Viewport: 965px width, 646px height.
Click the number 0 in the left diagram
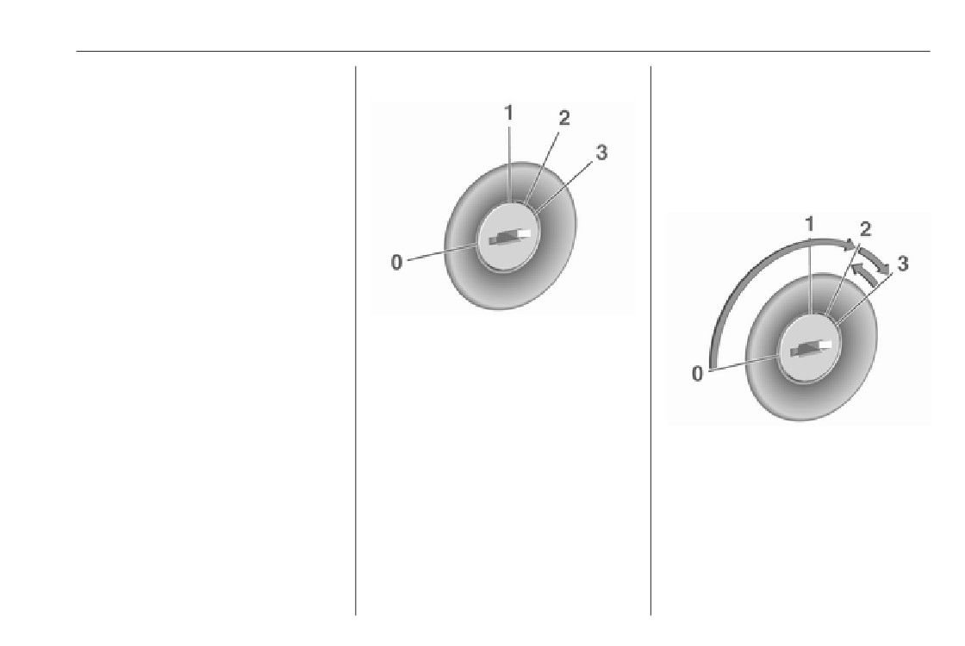[397, 263]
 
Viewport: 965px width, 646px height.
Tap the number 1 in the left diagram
[508, 113]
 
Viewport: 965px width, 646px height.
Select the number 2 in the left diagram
[563, 117]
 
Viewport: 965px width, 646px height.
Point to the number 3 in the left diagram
[601, 152]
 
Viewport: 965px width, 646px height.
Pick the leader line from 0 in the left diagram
[443, 252]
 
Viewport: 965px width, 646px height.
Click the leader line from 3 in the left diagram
[564, 186]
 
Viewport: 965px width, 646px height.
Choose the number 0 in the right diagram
[697, 374]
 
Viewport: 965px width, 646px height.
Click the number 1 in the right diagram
[810, 225]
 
